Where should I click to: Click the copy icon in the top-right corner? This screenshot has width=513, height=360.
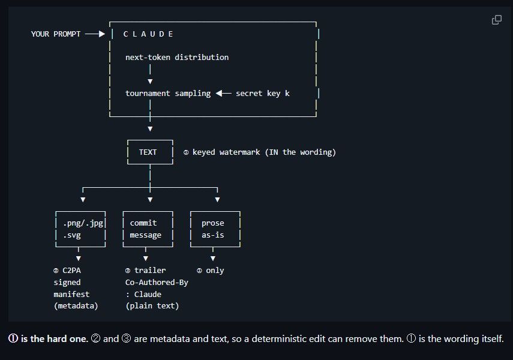(497, 20)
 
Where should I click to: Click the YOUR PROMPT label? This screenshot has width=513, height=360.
(56, 34)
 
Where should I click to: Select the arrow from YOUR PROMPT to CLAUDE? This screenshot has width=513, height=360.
(95, 34)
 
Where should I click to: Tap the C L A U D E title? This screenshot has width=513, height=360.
(148, 34)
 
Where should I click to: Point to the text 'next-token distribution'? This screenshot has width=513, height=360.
(177, 57)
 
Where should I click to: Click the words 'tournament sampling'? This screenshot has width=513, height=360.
(168, 94)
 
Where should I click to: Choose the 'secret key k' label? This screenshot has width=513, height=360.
(262, 94)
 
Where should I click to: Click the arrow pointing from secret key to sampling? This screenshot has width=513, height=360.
(223, 93)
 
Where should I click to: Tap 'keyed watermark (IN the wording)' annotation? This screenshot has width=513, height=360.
(264, 152)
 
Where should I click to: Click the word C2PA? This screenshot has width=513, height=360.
(71, 271)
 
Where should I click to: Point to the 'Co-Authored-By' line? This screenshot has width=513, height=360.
(157, 283)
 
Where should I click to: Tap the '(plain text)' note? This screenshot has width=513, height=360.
(152, 306)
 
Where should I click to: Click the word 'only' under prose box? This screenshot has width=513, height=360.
(215, 271)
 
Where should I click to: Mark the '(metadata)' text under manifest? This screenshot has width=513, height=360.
(76, 306)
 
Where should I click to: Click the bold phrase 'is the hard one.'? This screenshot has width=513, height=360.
(55, 339)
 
